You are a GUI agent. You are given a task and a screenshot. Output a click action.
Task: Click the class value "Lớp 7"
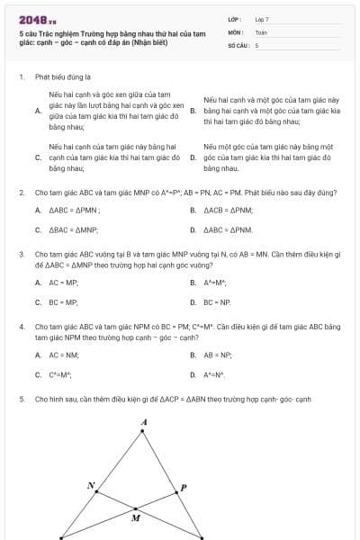tap(262, 18)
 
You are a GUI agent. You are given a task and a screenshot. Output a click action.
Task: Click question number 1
tap(21, 77)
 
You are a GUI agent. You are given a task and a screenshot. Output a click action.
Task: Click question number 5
tap(21, 397)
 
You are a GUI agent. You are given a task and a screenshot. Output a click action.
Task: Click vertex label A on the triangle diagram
tap(144, 421)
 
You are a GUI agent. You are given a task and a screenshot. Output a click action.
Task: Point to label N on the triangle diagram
tap(90, 486)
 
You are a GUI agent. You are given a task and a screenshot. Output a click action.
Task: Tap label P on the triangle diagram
tap(184, 488)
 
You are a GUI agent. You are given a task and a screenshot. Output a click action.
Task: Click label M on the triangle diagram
tap(136, 518)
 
